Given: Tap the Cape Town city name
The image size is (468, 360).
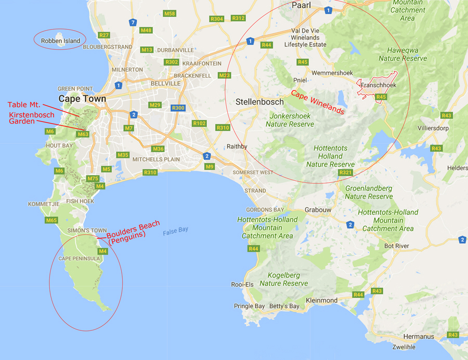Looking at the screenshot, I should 82,99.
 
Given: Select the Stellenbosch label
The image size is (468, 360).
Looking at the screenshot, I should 259,101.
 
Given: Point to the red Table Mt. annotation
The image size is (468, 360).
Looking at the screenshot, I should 24,105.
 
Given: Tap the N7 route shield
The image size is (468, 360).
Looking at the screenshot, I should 133,22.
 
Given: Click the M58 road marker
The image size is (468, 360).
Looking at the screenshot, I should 170,14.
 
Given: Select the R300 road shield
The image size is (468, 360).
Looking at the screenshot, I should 178,108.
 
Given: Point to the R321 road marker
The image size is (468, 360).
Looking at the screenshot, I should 345,172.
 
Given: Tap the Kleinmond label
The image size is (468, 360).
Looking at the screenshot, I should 322,300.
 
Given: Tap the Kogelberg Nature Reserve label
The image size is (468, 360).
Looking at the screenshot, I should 284,279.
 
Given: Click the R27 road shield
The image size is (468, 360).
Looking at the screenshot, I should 104,35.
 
